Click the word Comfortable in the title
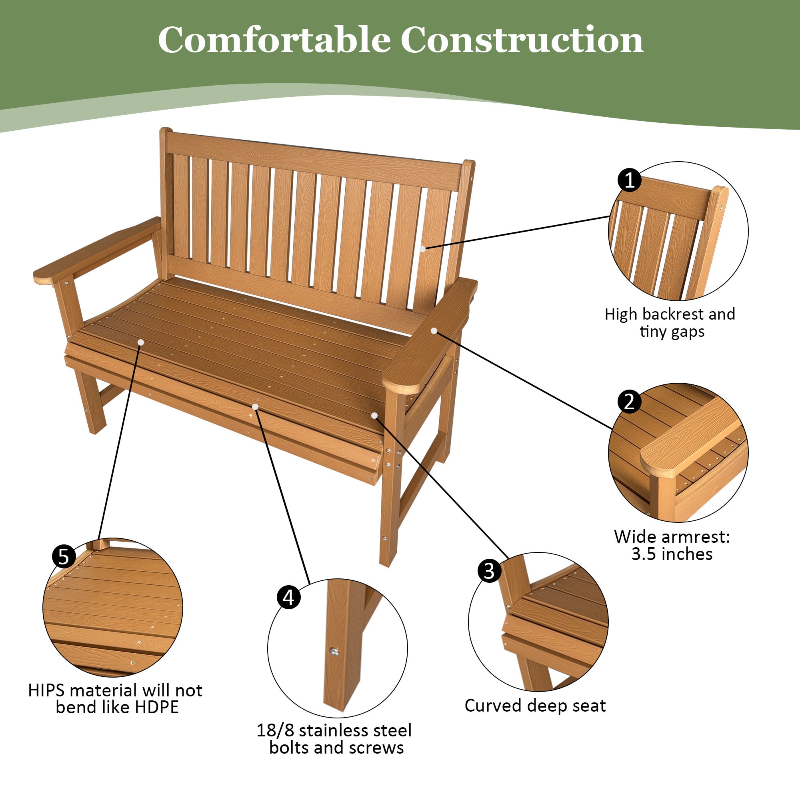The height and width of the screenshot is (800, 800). tap(273, 40)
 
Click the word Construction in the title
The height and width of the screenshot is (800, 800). tap(522, 40)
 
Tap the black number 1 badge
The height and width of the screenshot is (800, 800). tap(629, 180)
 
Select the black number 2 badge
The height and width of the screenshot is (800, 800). tap(629, 402)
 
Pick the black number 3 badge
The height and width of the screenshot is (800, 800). tap(490, 571)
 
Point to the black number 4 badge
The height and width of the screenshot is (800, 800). tap(289, 598)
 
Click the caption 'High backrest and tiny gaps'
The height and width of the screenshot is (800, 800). tap(670, 323)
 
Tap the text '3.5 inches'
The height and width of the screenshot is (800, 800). tap(672, 554)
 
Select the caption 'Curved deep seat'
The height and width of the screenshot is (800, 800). tap(535, 705)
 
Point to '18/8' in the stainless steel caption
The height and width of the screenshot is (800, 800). tap(275, 730)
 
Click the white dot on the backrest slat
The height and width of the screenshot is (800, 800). tap(422, 249)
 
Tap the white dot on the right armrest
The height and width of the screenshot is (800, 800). tap(434, 331)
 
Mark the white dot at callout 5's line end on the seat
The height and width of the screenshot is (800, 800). tap(141, 342)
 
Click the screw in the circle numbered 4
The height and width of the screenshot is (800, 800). tap(334, 652)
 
